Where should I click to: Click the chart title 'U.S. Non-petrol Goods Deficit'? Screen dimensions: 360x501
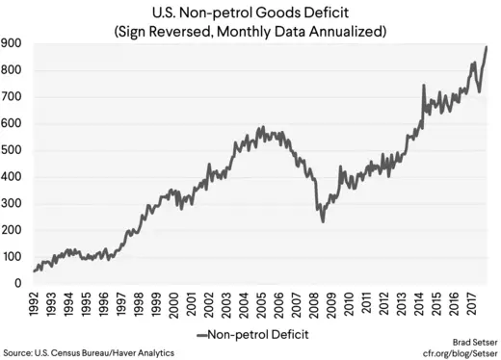click(x=250, y=13)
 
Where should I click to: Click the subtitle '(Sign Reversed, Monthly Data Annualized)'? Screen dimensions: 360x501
click(x=250, y=31)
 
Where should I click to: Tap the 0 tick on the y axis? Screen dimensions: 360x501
click(x=17, y=283)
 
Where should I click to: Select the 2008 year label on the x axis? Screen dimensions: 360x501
click(x=317, y=305)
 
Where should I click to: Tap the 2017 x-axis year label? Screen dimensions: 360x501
click(x=475, y=305)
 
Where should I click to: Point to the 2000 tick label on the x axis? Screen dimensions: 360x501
click(x=176, y=305)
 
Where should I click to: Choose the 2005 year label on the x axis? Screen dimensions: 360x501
click(x=264, y=305)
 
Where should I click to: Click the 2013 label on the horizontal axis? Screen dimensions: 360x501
click(x=405, y=305)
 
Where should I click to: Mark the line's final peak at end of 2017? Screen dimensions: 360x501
click(x=486, y=47)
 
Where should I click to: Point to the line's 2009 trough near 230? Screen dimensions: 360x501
click(x=323, y=221)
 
